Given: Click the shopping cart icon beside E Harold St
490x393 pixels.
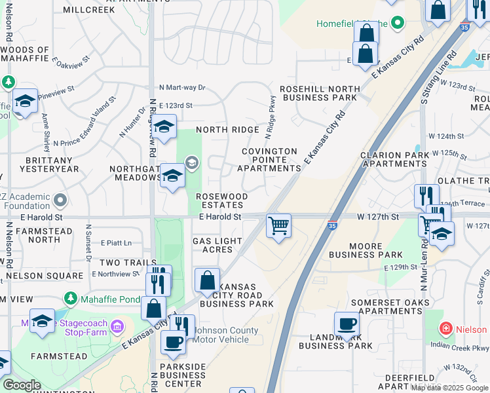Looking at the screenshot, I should coord(279,227).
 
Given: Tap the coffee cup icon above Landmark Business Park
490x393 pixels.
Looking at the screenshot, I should coord(347,324).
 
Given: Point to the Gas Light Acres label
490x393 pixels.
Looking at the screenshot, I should coord(217,245).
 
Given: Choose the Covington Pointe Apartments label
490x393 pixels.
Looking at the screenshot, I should coord(269,159).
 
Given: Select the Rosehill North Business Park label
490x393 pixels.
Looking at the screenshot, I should coord(320,93).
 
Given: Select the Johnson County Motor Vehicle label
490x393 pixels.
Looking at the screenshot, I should coord(221,335).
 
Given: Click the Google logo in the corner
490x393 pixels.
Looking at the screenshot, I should coord(22,385).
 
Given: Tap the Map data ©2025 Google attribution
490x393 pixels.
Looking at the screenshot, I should coord(450,387).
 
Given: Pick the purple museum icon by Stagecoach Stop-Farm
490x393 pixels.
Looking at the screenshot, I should coord(117,326).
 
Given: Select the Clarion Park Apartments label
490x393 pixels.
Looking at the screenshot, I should coord(394,159).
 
